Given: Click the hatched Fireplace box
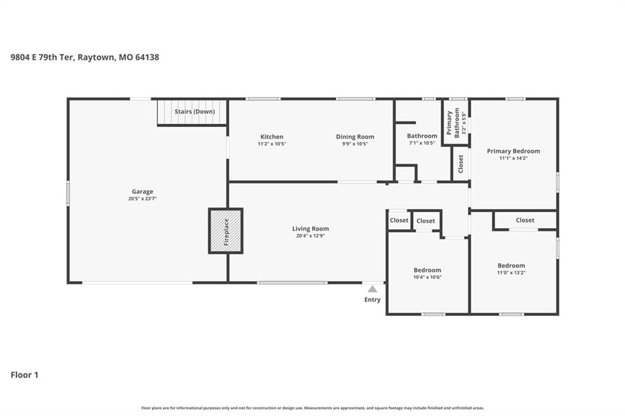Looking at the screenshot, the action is (x=226, y=231).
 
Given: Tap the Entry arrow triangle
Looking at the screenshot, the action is (x=372, y=289).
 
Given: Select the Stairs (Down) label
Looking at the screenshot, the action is (x=195, y=112).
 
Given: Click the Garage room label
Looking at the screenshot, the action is (x=142, y=192).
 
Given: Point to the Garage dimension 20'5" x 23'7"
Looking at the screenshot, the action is (x=142, y=198).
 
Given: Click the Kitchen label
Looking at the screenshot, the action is (x=272, y=137).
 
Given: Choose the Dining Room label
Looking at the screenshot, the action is (x=355, y=137).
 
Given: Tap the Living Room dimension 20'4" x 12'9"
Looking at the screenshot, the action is (x=310, y=235).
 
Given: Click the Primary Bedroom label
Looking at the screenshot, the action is (x=513, y=151).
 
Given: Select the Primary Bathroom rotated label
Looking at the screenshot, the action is (x=453, y=123).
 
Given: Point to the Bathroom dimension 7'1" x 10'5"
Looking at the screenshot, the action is (x=422, y=143).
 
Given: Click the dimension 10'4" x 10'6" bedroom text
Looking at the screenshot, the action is (x=427, y=277).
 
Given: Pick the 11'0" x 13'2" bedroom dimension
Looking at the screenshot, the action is (x=511, y=273).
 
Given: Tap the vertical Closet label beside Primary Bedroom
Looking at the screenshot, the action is (x=461, y=163).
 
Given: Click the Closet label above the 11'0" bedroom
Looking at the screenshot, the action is (x=525, y=220).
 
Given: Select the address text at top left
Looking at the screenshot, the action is (x=84, y=57).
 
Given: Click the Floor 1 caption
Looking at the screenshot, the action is (x=24, y=375).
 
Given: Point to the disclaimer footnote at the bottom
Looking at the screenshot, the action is (x=312, y=408).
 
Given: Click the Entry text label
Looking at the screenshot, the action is (x=372, y=299).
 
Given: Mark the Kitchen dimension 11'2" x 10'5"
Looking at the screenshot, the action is (x=272, y=144).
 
